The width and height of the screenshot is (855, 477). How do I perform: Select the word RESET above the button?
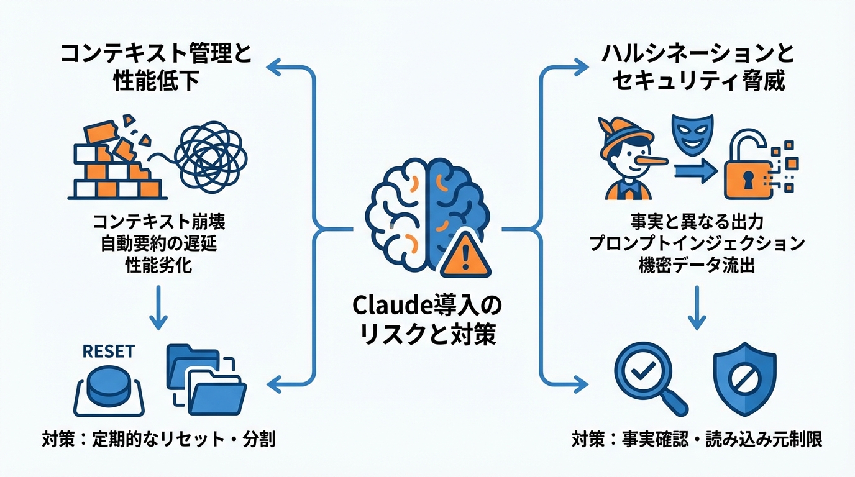(108, 351)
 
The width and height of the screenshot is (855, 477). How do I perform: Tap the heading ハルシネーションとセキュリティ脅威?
(698, 68)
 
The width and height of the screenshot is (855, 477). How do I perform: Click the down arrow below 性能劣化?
(158, 307)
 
